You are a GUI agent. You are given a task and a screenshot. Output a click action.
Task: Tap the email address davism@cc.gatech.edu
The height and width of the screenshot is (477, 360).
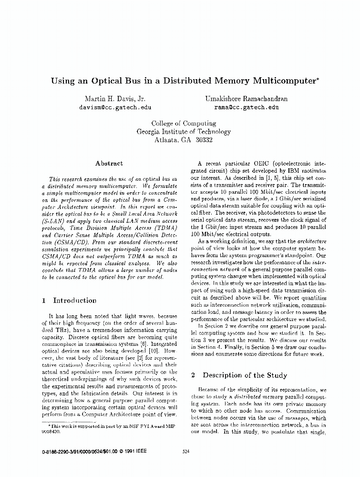click(x=109, y=108)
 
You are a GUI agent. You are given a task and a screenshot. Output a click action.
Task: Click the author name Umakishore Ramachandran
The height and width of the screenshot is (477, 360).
click(x=247, y=99)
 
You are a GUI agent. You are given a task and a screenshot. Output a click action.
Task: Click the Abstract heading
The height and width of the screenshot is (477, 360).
click(x=109, y=163)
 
